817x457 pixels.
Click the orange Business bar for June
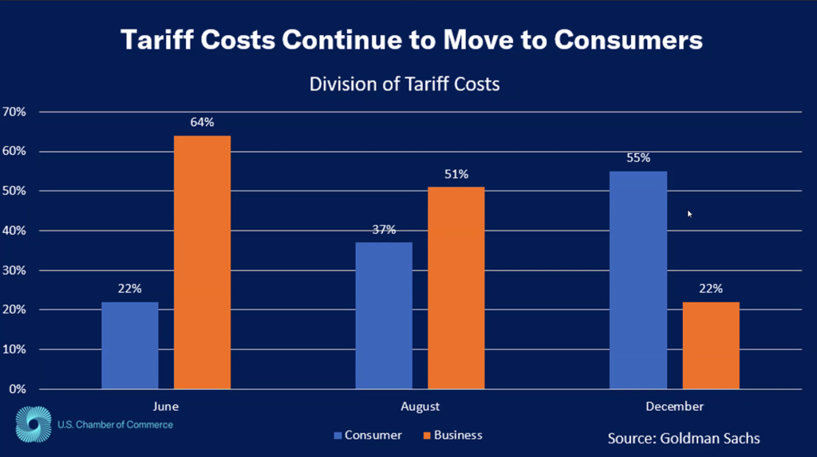[x=202, y=262]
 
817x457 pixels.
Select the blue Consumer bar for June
[x=130, y=345]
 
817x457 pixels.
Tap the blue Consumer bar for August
[x=384, y=316]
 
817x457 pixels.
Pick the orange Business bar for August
[x=456, y=288]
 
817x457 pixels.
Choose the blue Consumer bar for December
[x=638, y=280]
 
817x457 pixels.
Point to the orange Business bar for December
[x=710, y=345]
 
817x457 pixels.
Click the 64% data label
[x=202, y=123]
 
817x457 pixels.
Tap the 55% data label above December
[x=638, y=158]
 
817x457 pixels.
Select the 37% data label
[x=384, y=230]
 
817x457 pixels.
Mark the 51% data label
[x=456, y=174]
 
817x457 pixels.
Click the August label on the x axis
[x=420, y=407]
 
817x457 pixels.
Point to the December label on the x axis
[x=674, y=407]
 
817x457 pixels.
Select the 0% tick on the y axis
[x=17, y=389]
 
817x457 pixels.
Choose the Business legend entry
[x=452, y=435]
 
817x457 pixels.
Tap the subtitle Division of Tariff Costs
[x=405, y=84]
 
